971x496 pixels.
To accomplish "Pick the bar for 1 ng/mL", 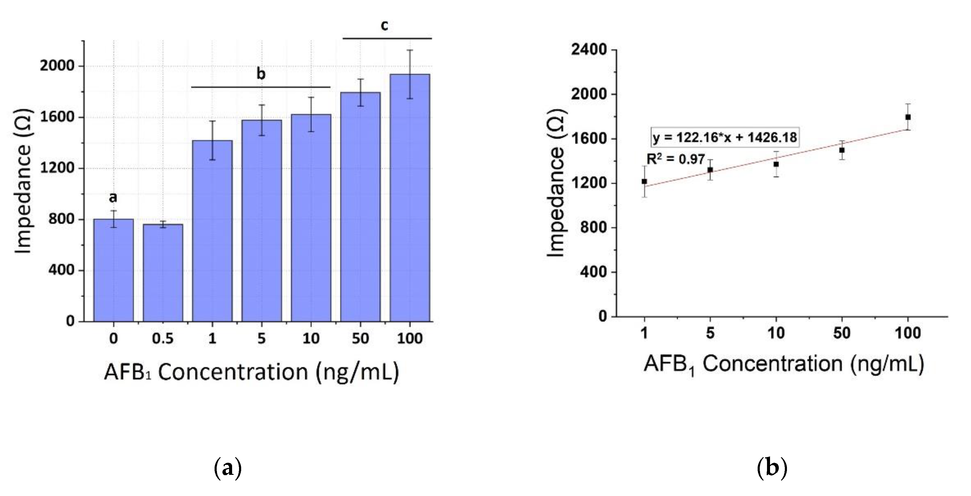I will pyautogui.click(x=212, y=234).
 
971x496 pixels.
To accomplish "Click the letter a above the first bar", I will pyautogui.click(x=113, y=197).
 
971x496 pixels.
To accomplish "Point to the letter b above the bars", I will pyautogui.click(x=261, y=74).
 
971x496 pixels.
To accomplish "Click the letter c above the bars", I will pyautogui.click(x=384, y=26).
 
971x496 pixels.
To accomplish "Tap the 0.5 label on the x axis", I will pyautogui.click(x=163, y=338).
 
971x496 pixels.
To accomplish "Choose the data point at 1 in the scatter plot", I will pyautogui.click(x=644, y=181).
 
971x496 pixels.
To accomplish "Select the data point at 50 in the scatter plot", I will pyautogui.click(x=842, y=150).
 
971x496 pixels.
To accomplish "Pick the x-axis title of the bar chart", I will pyautogui.click(x=251, y=372).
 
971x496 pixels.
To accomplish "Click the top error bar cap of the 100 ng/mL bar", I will pyautogui.click(x=410, y=50).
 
